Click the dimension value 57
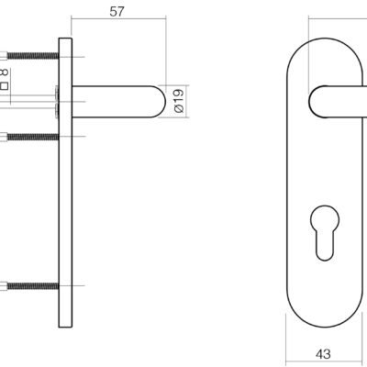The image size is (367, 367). pyautogui.click(x=117, y=12)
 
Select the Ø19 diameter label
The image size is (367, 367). pyautogui.click(x=179, y=101)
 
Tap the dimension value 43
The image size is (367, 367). pyautogui.click(x=323, y=354)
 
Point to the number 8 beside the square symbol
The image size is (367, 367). pyautogui.click(x=4, y=72)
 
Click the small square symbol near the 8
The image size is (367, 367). pyautogui.click(x=4, y=85)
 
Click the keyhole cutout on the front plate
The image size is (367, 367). pyautogui.click(x=325, y=232)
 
